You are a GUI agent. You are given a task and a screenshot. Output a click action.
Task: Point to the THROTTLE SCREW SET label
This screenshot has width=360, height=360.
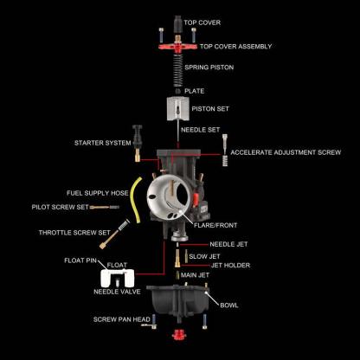click(74, 233)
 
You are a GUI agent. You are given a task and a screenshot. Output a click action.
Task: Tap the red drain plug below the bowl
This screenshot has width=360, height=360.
click(180, 334)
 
